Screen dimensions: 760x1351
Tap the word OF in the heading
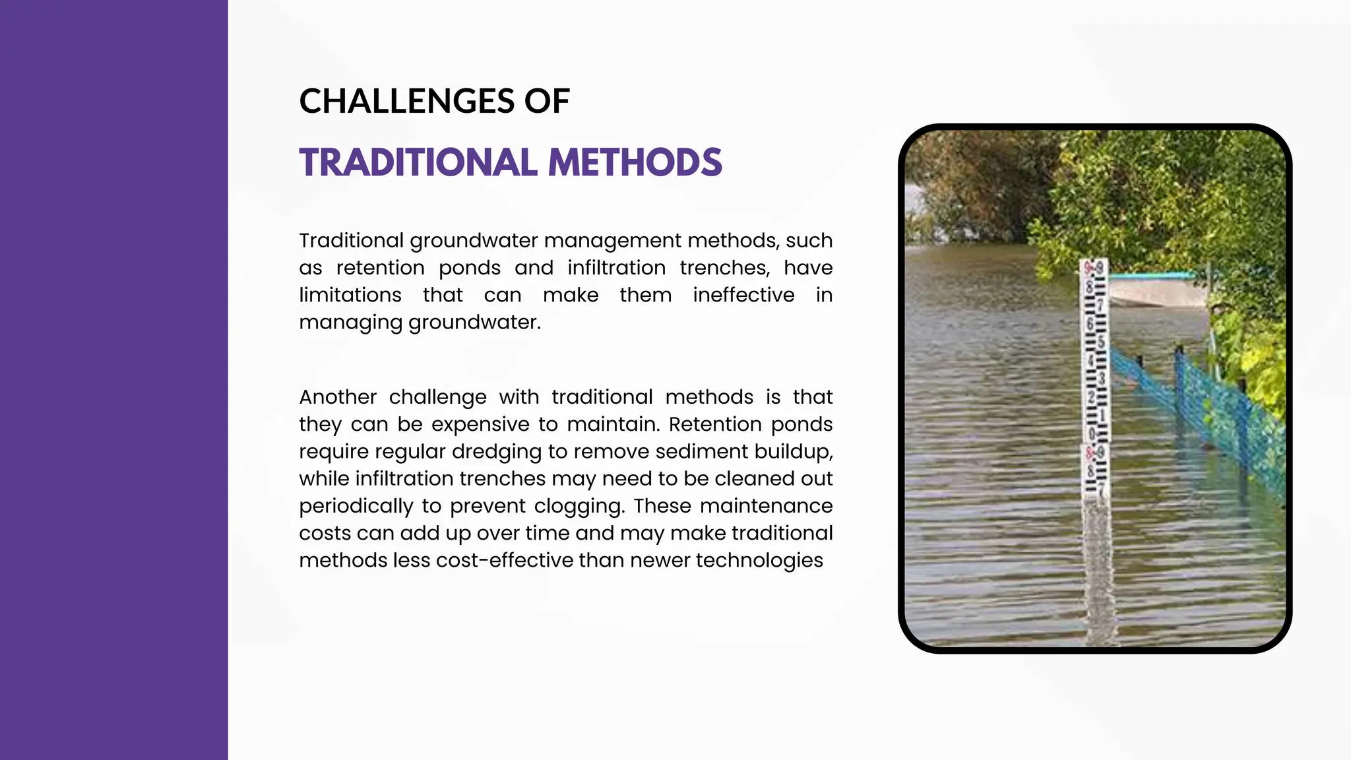coord(547,102)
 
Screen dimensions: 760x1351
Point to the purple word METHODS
coord(635,162)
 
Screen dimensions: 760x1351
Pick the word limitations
coord(350,295)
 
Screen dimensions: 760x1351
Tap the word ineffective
coord(743,295)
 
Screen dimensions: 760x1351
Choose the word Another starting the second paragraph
coord(337,397)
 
